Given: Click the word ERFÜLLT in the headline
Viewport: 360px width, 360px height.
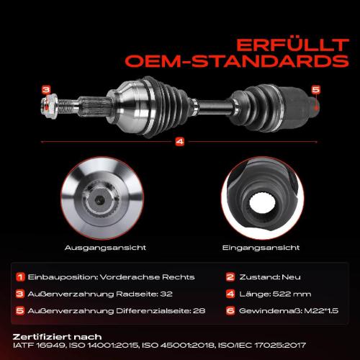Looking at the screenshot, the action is pyautogui.click(x=292, y=45).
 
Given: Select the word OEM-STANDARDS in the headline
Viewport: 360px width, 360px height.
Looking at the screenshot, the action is pyautogui.click(x=237, y=61).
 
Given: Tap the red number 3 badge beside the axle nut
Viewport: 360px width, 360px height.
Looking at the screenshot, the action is pyautogui.click(x=46, y=90).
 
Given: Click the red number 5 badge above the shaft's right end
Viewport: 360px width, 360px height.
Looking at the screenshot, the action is pyautogui.click(x=316, y=90).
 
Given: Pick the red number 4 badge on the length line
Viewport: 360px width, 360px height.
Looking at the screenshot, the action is pyautogui.click(x=180, y=142).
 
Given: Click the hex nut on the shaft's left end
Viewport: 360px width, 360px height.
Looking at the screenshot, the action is pyautogui.click(x=50, y=107).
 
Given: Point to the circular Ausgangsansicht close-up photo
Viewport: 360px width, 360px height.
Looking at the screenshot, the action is pyautogui.click(x=102, y=198).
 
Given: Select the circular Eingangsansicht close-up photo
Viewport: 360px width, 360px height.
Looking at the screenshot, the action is pyautogui.click(x=263, y=198).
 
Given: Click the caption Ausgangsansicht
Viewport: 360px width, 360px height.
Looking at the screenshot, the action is pyautogui.click(x=105, y=248).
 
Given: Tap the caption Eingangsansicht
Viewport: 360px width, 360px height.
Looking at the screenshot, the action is pyautogui.click(x=261, y=248).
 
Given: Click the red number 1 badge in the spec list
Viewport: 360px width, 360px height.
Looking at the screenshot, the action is pyautogui.click(x=20, y=277).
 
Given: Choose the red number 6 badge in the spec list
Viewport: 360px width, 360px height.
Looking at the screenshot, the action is pyautogui.click(x=230, y=311).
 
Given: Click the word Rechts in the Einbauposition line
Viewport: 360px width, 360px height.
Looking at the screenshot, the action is pyautogui.click(x=179, y=277).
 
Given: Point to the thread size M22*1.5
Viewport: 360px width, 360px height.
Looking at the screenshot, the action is pyautogui.click(x=321, y=311).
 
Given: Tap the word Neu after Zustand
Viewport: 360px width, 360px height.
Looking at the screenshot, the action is pyautogui.click(x=291, y=277).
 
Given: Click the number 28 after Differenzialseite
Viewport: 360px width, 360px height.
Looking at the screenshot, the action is pyautogui.click(x=199, y=311).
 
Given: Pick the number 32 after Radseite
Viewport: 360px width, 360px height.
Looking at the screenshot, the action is pyautogui.click(x=166, y=294).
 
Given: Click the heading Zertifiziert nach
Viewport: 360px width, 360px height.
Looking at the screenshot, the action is pyautogui.click(x=57, y=337).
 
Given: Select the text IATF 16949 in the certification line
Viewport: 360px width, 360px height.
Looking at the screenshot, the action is pyautogui.click(x=39, y=346).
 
